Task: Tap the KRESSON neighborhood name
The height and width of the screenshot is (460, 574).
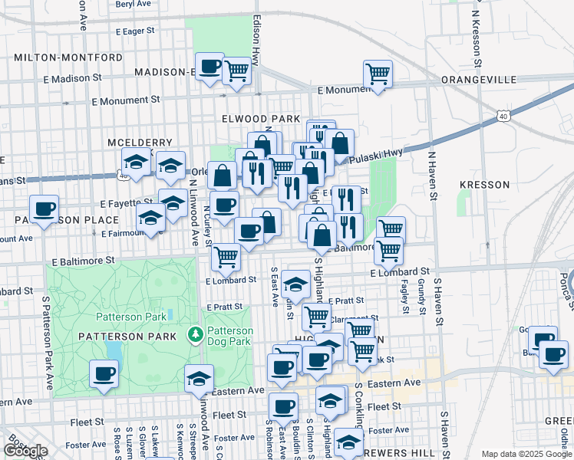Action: [484, 185]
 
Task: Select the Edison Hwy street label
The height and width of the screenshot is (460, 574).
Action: [256, 39]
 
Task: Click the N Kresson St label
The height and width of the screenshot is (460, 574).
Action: [477, 34]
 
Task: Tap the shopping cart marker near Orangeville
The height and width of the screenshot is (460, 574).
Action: [378, 74]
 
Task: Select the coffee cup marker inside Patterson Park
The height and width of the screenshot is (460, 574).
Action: [104, 373]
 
